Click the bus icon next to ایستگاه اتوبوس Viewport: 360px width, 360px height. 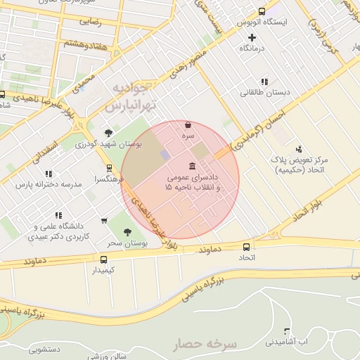click(262, 11)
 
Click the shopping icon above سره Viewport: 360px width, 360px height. click(188, 124)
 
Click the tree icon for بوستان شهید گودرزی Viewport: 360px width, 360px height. click(108, 132)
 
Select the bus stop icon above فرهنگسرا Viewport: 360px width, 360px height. click(109, 168)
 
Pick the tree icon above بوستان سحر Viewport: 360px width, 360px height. click(127, 231)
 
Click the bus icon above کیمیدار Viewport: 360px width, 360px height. click(104, 259)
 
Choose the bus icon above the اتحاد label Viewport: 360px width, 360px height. click(246, 247)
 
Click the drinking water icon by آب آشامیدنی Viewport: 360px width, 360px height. click(286, 330)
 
